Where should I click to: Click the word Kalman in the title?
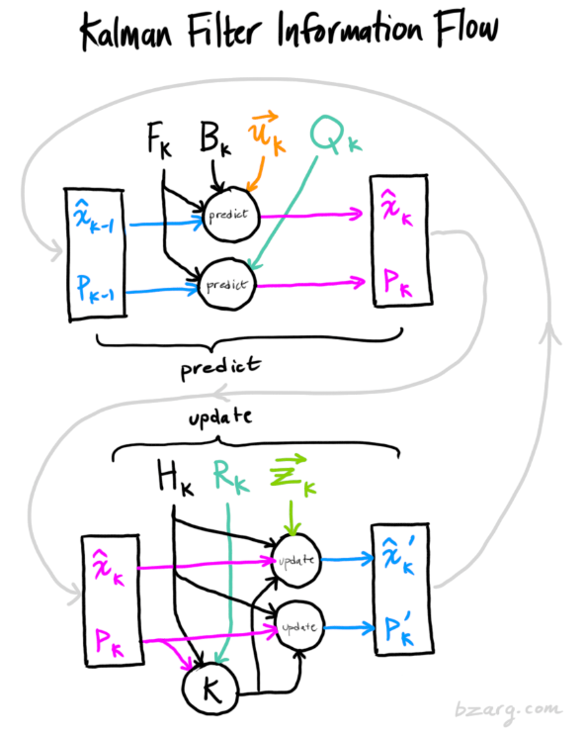(126, 32)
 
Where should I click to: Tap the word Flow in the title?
(466, 28)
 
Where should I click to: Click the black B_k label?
(215, 138)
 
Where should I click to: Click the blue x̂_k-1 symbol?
(94, 217)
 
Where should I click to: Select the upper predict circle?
(230, 215)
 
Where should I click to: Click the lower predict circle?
(227, 284)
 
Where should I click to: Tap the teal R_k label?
(230, 476)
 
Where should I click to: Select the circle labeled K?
(210, 689)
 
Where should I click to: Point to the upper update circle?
(296, 560)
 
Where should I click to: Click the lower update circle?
(299, 627)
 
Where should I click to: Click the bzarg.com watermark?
(508, 710)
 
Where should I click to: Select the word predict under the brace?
(220, 368)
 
